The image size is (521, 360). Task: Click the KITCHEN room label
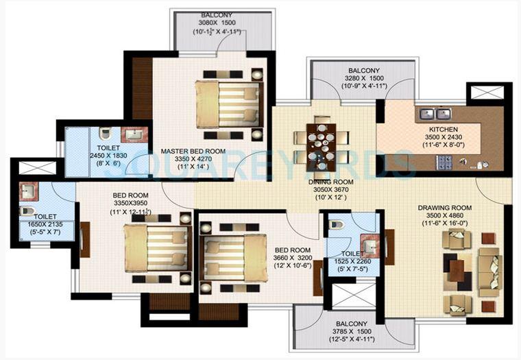click(443, 129)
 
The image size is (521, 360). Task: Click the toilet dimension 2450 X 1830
click(108, 156)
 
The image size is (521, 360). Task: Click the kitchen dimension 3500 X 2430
click(443, 138)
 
